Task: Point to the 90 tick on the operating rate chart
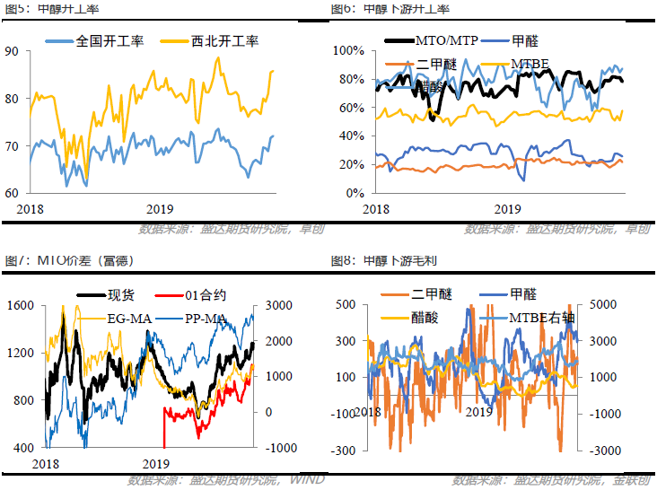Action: tap(12, 51)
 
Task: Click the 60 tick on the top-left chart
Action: tap(12, 193)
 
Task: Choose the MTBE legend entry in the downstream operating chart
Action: tap(530, 64)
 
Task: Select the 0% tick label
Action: tap(352, 193)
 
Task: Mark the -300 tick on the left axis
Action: tap(344, 450)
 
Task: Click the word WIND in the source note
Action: tap(309, 481)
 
